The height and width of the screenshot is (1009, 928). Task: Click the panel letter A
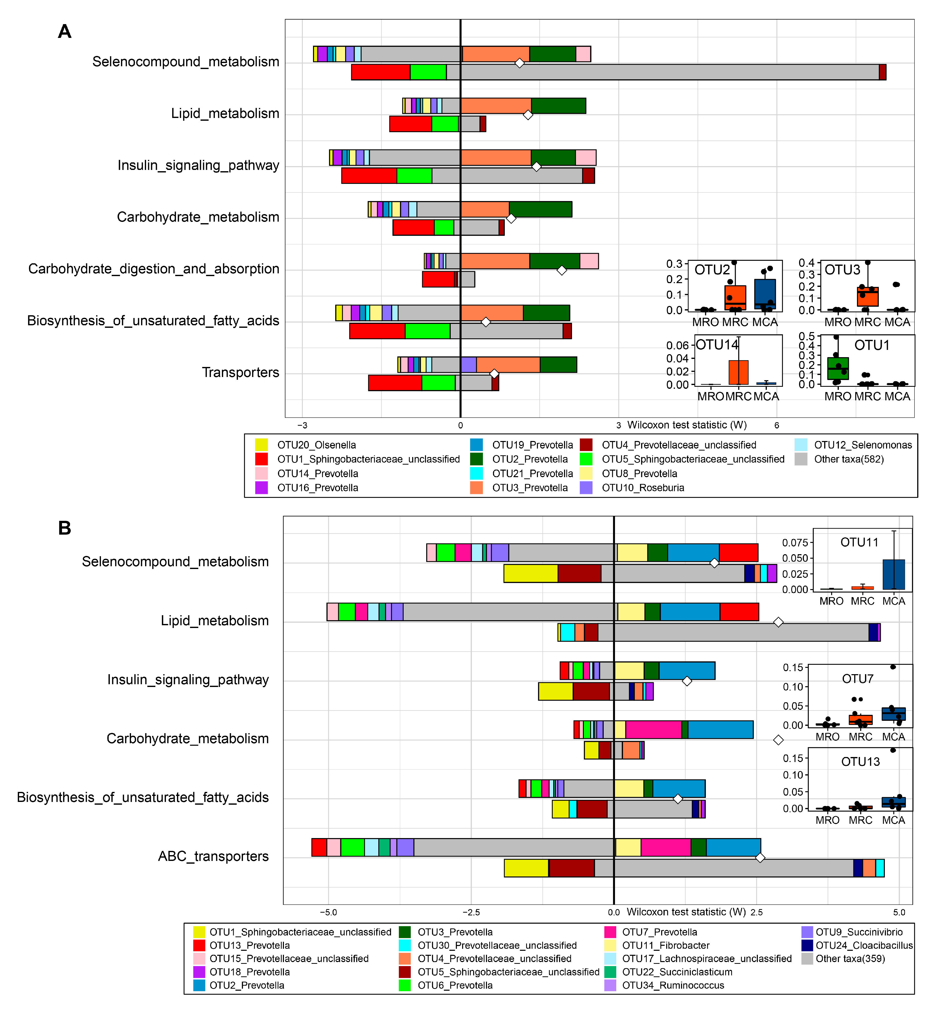click(65, 32)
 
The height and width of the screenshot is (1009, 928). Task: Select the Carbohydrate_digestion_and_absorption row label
click(154, 269)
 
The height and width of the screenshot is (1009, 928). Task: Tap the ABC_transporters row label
click(213, 856)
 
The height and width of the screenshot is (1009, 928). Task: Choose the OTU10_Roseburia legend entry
click(643, 488)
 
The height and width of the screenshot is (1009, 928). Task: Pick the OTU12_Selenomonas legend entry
click(862, 445)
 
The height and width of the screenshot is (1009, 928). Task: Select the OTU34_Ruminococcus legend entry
click(673, 985)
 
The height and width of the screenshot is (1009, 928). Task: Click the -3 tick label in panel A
click(302, 425)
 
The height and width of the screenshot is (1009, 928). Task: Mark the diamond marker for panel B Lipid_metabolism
click(778, 622)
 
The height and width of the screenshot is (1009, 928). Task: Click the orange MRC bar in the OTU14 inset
click(739, 373)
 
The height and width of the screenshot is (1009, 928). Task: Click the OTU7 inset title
click(858, 679)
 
